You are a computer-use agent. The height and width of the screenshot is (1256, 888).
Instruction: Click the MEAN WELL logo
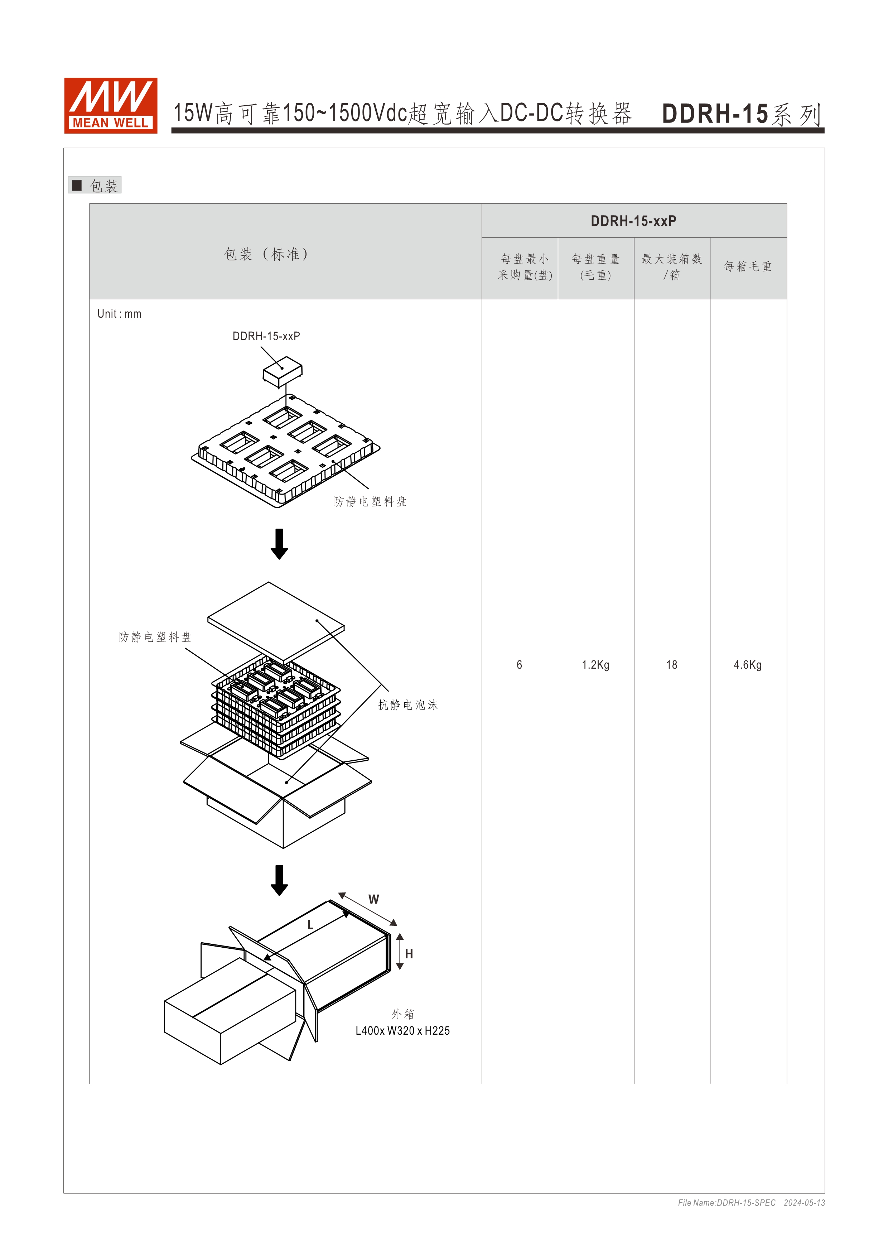[x=110, y=106]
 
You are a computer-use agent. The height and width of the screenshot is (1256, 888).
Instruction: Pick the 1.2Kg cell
[x=595, y=665]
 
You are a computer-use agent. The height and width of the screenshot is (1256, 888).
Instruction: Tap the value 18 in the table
[x=671, y=665]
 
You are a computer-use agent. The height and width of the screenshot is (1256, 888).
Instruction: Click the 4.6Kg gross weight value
[x=748, y=665]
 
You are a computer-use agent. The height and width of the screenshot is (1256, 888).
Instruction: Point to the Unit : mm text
[x=119, y=314]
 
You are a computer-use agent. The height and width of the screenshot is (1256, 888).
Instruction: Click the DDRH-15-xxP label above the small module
[x=266, y=336]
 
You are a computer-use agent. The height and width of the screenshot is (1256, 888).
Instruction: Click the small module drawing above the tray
[x=282, y=371]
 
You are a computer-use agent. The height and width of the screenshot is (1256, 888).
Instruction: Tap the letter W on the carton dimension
[x=373, y=899]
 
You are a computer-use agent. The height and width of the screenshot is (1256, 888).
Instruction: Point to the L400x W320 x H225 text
[x=402, y=1031]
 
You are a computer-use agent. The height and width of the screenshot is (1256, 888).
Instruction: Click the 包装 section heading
[x=103, y=186]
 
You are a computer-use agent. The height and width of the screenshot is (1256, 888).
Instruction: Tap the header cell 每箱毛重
[x=748, y=266]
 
